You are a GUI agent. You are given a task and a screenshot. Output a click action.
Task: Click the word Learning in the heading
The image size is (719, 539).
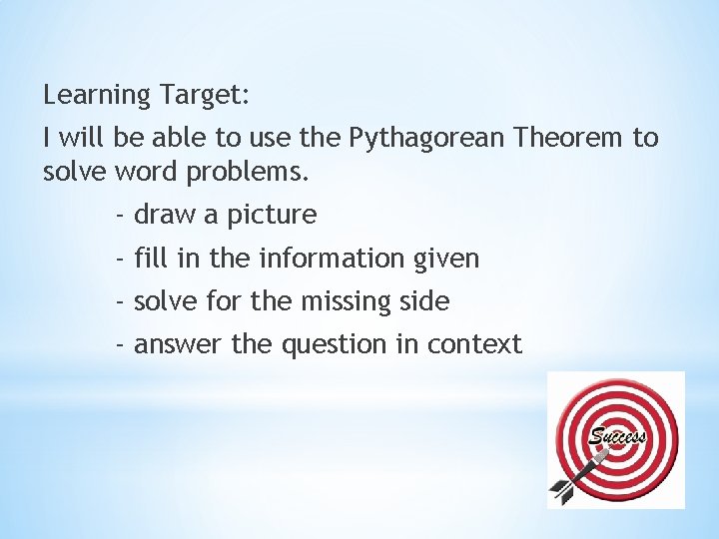(x=98, y=97)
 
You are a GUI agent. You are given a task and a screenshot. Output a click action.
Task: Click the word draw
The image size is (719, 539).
(x=167, y=215)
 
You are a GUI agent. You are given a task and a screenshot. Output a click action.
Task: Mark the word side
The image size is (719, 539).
(x=424, y=300)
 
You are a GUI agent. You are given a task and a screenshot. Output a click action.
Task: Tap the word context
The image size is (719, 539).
(x=474, y=344)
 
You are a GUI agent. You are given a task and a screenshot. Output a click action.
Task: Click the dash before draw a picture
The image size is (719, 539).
(x=120, y=215)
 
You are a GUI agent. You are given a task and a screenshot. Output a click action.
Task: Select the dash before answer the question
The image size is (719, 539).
(x=120, y=344)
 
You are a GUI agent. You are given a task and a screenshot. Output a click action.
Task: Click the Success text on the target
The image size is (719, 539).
(x=618, y=437)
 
